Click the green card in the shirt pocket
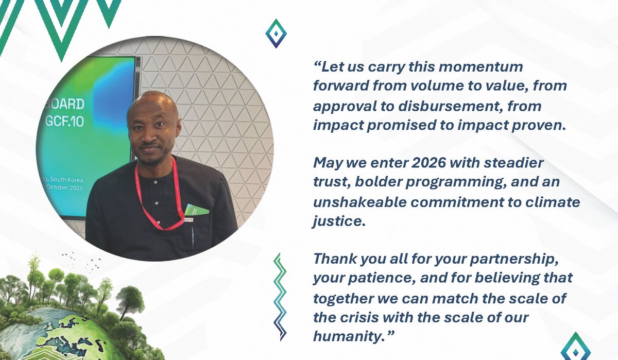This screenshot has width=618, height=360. tap(197, 210)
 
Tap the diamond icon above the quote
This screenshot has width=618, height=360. tap(276, 33)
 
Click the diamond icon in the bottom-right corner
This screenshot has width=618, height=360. tap(575, 346)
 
